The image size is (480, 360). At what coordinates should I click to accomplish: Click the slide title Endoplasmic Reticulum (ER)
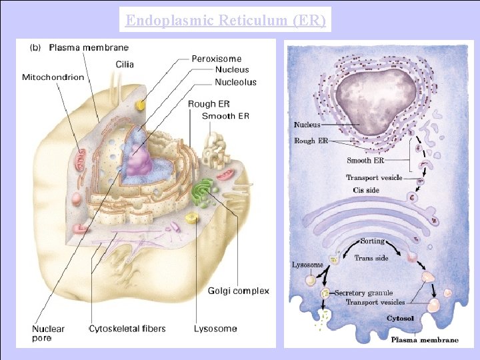[226, 21]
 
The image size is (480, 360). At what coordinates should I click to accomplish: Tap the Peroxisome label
[217, 59]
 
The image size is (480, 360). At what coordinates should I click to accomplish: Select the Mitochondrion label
[53, 77]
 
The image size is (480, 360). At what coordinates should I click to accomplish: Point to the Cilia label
[125, 65]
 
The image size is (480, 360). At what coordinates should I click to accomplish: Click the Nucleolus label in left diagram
[235, 82]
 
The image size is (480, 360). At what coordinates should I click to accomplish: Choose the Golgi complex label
[239, 291]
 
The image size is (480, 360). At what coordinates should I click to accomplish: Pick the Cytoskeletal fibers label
[127, 329]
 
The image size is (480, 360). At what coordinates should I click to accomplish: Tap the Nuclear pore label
[49, 333]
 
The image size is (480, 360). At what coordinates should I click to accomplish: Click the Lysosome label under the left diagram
[215, 329]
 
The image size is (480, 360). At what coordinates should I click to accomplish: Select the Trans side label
[372, 258]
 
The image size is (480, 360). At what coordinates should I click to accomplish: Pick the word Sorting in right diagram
[372, 241]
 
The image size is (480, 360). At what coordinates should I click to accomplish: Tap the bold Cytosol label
[401, 319]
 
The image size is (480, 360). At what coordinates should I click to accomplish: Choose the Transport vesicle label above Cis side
[374, 177]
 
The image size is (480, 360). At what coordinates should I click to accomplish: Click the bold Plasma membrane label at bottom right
[424, 340]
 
